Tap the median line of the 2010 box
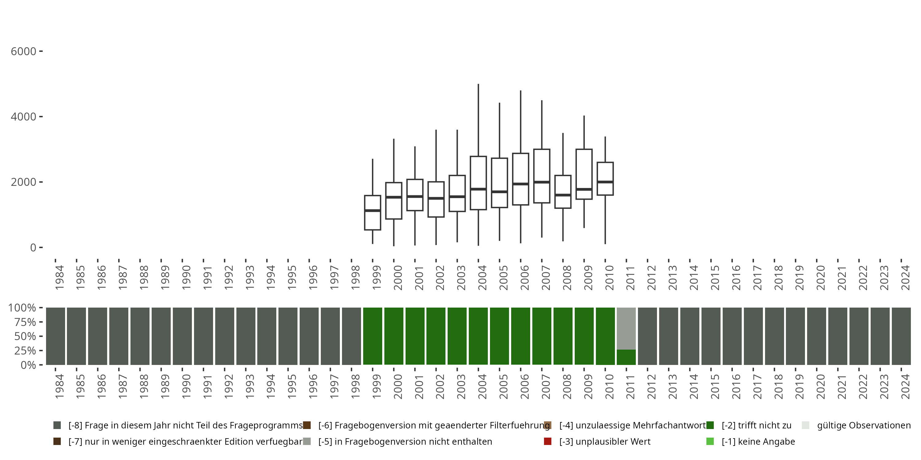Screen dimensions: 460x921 point(605,182)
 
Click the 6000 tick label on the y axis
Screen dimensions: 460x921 point(24,52)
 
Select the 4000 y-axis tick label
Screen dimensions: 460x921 point(24,117)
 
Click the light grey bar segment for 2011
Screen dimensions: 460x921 point(626,328)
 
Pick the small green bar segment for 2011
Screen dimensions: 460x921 point(626,357)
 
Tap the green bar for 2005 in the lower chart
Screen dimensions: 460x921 point(499,336)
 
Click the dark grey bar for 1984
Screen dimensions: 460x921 point(56,336)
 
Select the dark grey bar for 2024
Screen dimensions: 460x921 point(901,336)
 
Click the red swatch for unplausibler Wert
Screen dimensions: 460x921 point(547,441)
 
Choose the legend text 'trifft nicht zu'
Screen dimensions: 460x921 point(756,425)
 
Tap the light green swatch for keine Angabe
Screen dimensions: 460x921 point(710,441)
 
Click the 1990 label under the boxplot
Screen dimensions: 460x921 point(186,278)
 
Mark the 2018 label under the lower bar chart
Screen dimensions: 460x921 point(778,386)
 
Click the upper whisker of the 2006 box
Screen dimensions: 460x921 point(521,121)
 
